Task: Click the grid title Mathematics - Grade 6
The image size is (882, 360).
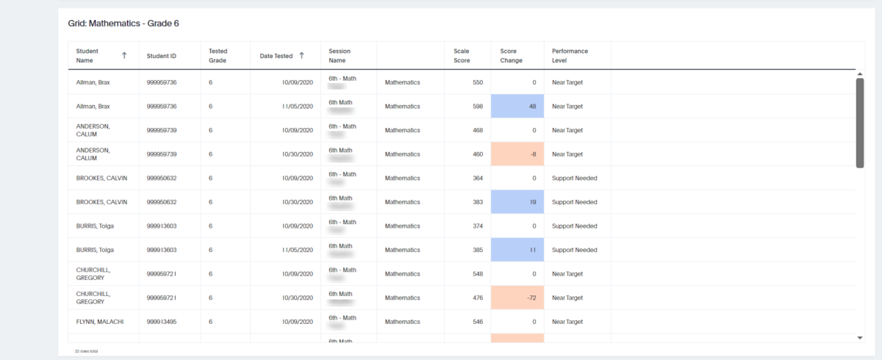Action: pyautogui.click(x=123, y=24)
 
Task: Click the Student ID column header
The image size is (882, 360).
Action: pyautogui.click(x=162, y=56)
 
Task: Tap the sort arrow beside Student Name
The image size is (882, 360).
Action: pyautogui.click(x=124, y=55)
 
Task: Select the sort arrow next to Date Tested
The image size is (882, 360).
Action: pyautogui.click(x=301, y=56)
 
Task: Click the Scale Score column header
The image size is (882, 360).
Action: pyautogui.click(x=462, y=56)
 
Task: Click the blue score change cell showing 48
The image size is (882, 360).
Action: pyautogui.click(x=517, y=107)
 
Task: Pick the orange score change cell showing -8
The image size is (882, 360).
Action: pyautogui.click(x=517, y=154)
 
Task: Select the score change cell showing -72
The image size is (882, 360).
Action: pyautogui.click(x=517, y=298)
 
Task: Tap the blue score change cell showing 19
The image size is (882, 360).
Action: pyautogui.click(x=517, y=202)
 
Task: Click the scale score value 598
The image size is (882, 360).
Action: pyautogui.click(x=477, y=107)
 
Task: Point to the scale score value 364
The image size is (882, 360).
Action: pyautogui.click(x=477, y=178)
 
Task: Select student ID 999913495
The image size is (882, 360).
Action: pyautogui.click(x=162, y=322)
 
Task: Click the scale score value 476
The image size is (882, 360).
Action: pyautogui.click(x=477, y=298)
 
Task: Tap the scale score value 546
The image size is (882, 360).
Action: pyautogui.click(x=477, y=322)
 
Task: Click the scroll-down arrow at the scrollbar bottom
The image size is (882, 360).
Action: pyautogui.click(x=860, y=338)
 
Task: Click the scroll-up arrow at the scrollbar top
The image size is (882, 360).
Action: pyautogui.click(x=860, y=74)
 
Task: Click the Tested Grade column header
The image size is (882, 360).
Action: pyautogui.click(x=218, y=56)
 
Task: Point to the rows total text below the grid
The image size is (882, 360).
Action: pyautogui.click(x=87, y=351)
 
